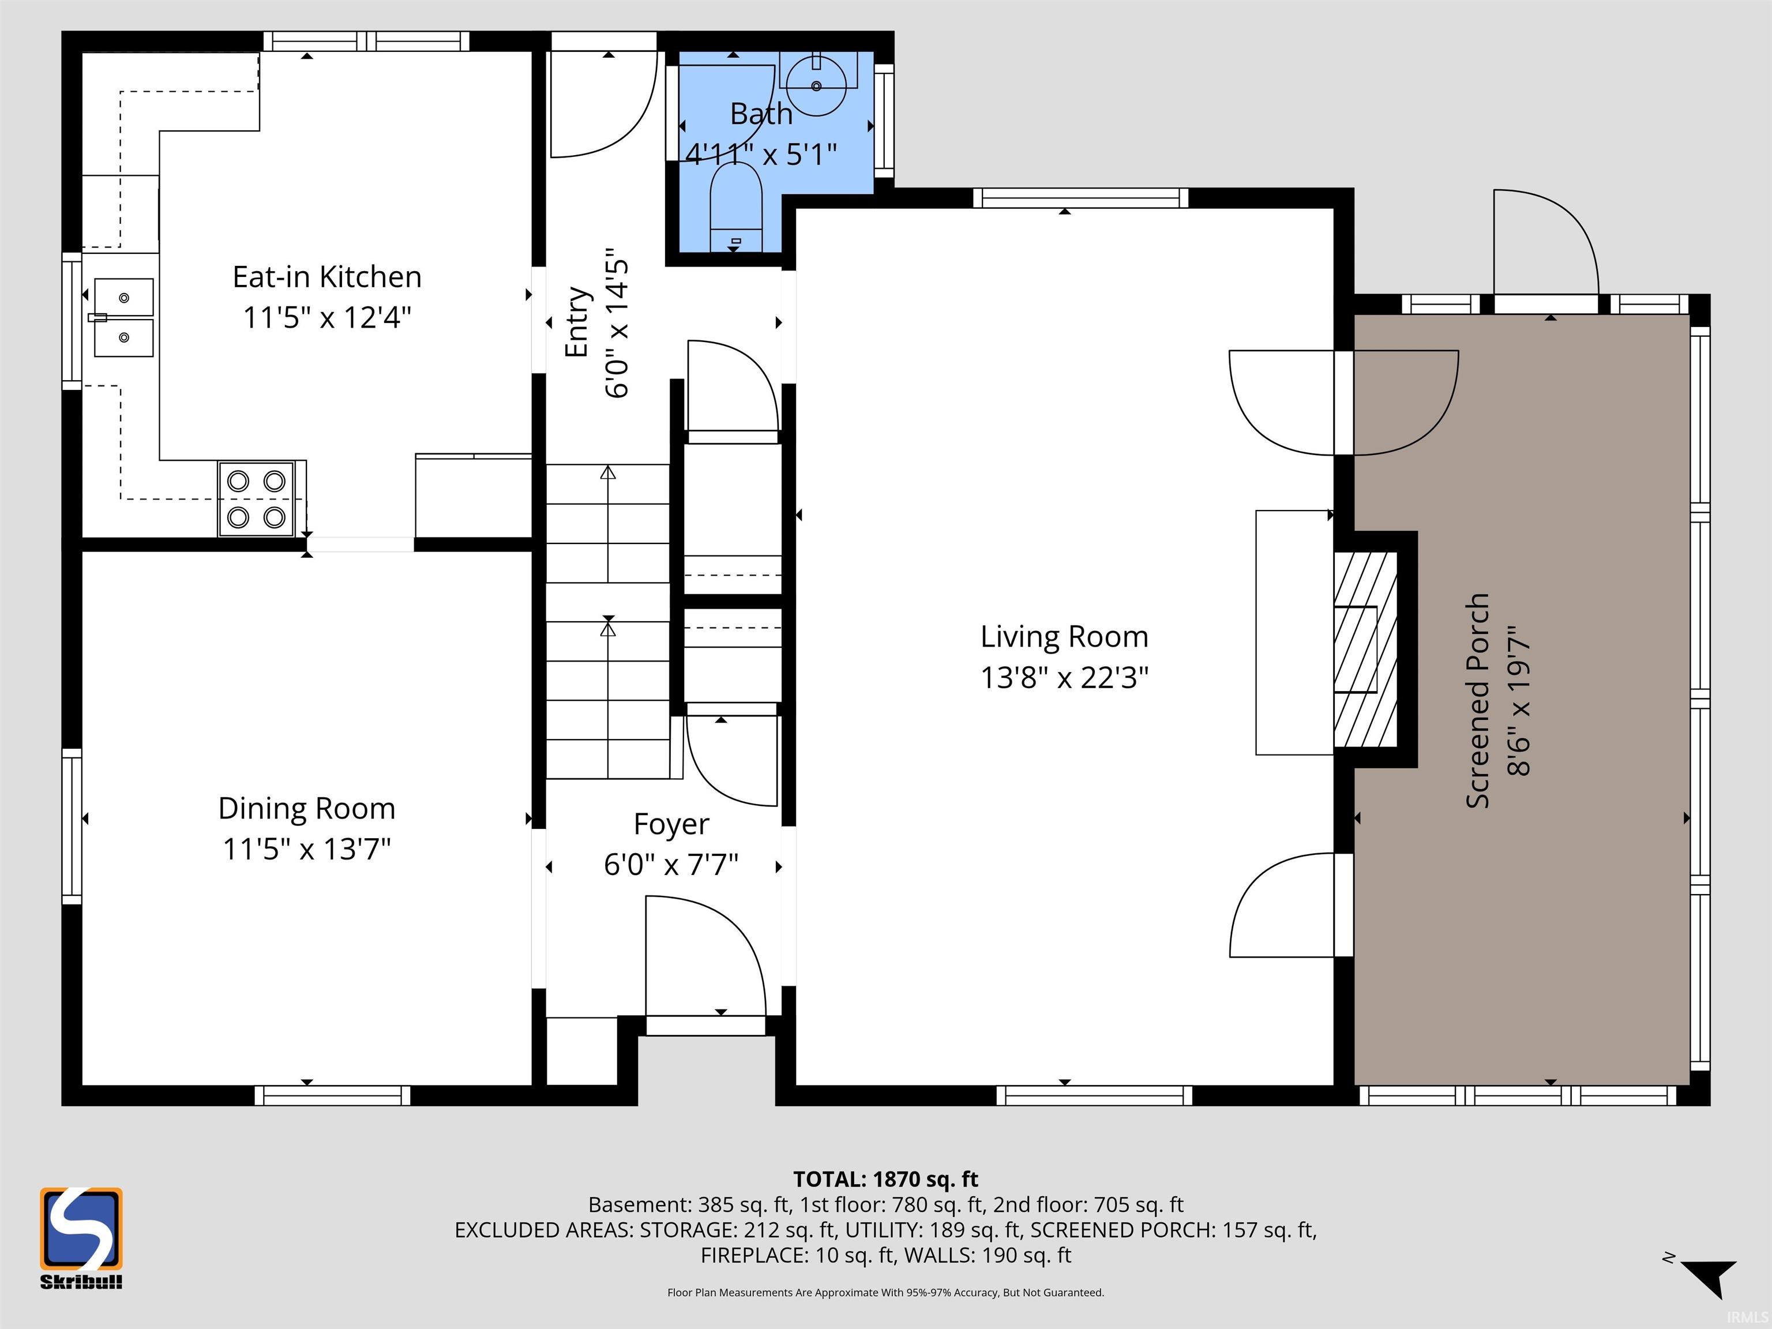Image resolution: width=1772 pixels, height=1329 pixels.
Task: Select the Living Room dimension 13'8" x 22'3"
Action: click(1065, 678)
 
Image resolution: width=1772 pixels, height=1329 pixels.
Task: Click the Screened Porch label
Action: click(1477, 701)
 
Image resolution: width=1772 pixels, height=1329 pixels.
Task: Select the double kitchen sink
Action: click(123, 317)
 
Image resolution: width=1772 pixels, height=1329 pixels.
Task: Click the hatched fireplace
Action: click(1365, 650)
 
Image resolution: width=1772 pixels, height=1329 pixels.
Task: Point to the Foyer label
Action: click(671, 824)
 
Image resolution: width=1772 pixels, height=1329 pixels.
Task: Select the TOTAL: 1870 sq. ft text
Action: click(885, 1179)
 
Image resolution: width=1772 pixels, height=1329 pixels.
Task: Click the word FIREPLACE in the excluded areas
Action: click(756, 1255)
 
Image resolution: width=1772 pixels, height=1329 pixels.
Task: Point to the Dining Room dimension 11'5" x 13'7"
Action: click(307, 849)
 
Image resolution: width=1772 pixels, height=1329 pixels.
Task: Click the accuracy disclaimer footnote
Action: click(886, 1292)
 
